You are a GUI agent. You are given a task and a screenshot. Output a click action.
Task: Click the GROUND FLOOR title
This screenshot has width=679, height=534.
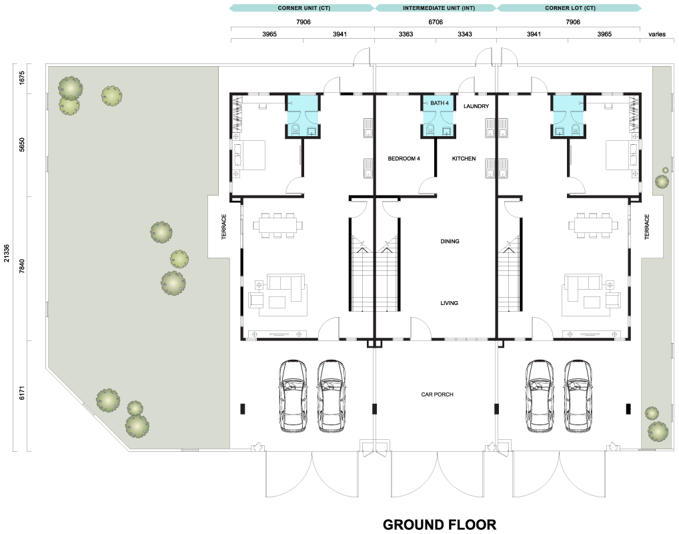coord(440,525)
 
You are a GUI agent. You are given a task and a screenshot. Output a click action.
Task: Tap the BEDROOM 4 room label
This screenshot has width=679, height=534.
coord(404,159)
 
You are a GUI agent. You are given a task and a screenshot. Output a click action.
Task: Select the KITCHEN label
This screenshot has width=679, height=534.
coord(464,159)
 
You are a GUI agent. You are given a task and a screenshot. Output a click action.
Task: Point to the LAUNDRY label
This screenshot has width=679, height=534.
coord(476,106)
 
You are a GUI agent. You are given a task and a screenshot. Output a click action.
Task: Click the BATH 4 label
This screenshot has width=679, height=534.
coord(440,103)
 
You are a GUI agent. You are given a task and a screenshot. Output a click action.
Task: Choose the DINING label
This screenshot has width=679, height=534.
coord(450,242)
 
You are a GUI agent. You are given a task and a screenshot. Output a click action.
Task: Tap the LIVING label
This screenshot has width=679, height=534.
coord(449,303)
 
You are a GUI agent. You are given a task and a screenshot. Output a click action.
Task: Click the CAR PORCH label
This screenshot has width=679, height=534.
coord(438,394)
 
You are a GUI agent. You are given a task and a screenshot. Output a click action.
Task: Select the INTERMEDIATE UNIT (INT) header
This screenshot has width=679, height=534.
coord(439,8)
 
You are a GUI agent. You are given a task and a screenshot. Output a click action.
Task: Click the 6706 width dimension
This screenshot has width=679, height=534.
coord(436,22)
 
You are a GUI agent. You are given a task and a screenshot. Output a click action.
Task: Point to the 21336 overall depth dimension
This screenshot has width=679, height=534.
coord(7,253)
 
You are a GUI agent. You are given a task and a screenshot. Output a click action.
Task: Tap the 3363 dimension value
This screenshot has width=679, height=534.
coord(406,34)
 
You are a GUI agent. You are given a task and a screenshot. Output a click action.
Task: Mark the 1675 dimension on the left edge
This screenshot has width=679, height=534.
coord(22,77)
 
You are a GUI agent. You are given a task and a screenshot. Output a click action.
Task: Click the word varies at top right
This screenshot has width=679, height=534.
coord(657,34)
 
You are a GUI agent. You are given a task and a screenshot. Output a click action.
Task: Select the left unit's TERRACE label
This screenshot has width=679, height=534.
coord(224,227)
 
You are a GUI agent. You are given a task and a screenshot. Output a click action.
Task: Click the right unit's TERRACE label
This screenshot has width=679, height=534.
coord(647,227)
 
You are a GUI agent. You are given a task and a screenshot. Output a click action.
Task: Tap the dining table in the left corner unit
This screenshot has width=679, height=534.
coord(278,226)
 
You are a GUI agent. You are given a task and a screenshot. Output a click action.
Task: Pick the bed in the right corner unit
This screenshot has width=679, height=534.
coord(622,155)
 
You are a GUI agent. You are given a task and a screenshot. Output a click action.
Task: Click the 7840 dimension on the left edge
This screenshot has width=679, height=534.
coord(22,266)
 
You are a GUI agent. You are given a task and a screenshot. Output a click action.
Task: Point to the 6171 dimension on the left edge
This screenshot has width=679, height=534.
coord(22,392)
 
